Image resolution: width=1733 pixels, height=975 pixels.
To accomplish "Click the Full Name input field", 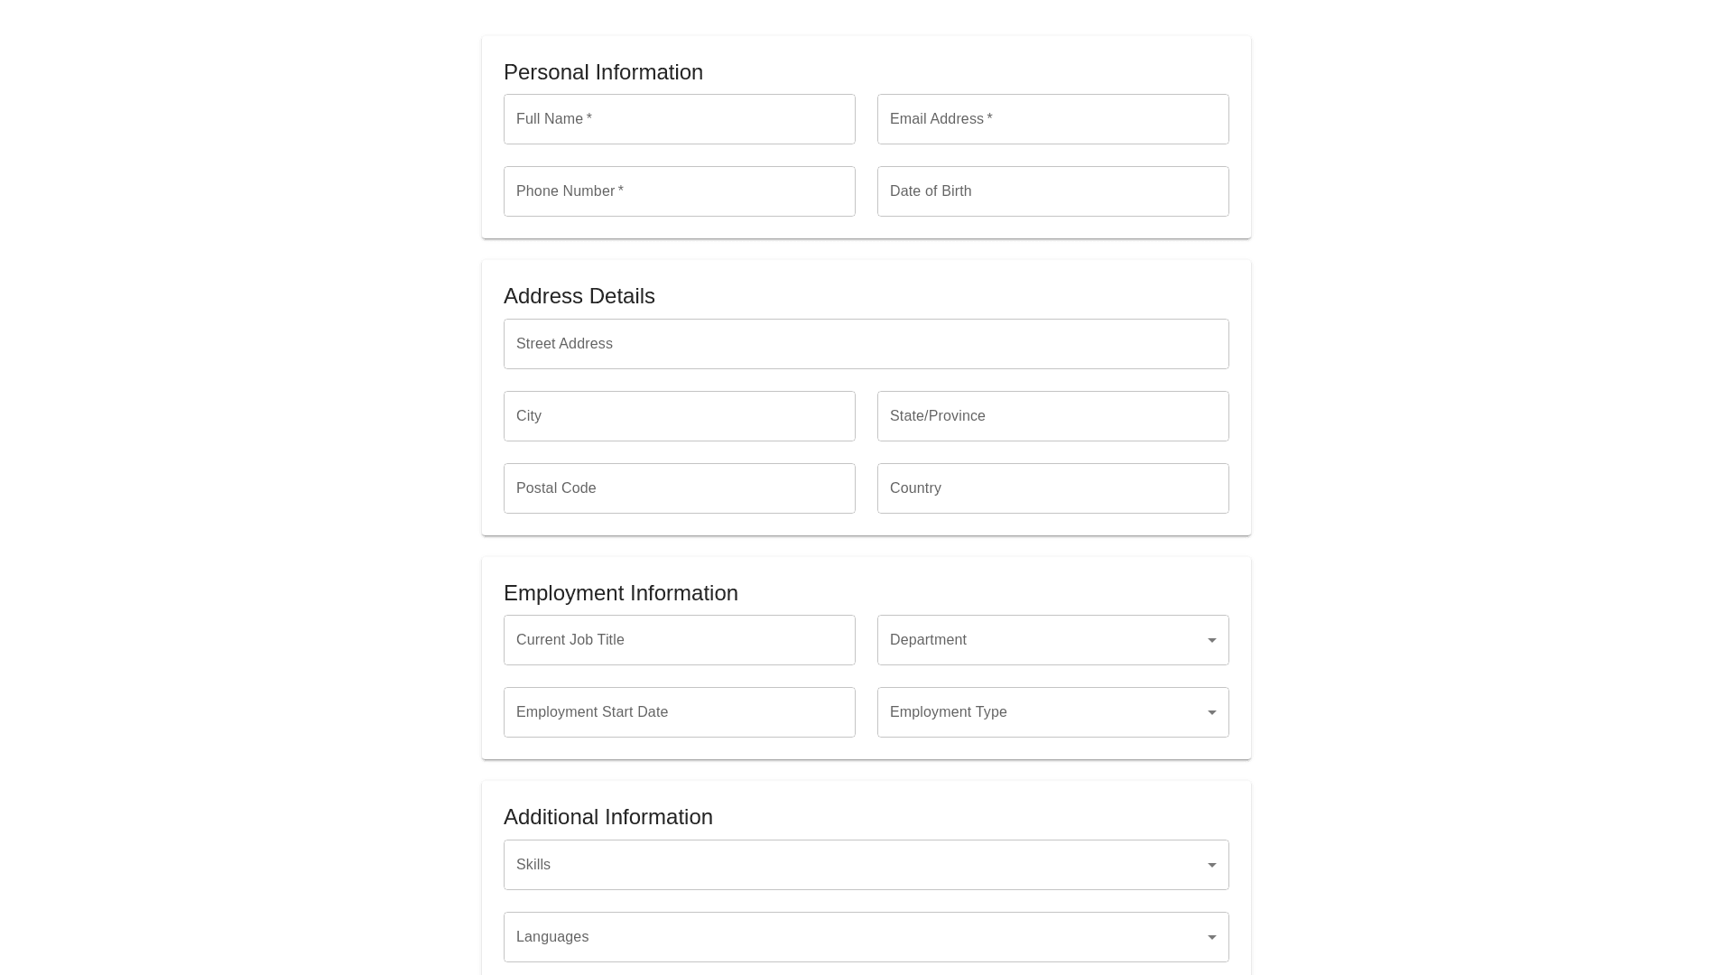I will pyautogui.click(x=679, y=119).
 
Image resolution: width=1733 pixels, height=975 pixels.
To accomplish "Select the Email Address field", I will pyautogui.click(x=1052, y=119).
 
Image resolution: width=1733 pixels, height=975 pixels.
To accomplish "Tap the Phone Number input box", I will pyautogui.click(x=679, y=191).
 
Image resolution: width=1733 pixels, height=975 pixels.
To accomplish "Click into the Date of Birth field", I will pyautogui.click(x=1052, y=191).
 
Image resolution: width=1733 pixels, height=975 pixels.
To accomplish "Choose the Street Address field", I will pyautogui.click(x=866, y=344).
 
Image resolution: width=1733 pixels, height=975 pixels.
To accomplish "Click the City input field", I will pyautogui.click(x=679, y=416).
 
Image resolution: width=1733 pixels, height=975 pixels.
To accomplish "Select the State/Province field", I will pyautogui.click(x=1052, y=416).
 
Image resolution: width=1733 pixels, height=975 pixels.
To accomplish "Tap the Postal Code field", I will pyautogui.click(x=679, y=488).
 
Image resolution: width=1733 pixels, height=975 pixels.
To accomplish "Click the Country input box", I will pyautogui.click(x=1052, y=488).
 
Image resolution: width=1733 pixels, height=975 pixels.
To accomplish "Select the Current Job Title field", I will pyautogui.click(x=679, y=640).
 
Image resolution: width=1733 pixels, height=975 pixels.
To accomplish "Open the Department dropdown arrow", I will pyautogui.click(x=1212, y=641).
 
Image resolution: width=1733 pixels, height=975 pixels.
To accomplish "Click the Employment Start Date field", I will pyautogui.click(x=679, y=712).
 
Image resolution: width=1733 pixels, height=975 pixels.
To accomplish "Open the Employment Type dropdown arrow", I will pyautogui.click(x=1212, y=713).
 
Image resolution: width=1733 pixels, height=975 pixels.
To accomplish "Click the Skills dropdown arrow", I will pyautogui.click(x=1212, y=866).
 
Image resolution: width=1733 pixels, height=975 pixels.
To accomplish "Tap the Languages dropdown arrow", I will pyautogui.click(x=1212, y=938).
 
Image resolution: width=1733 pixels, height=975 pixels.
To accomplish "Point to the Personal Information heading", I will pyautogui.click(x=603, y=72).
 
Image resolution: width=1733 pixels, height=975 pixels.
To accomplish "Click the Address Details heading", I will pyautogui.click(x=579, y=296).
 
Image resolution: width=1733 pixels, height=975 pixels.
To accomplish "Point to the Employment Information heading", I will pyautogui.click(x=620, y=593).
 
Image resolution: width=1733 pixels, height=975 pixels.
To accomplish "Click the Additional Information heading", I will pyautogui.click(x=607, y=817).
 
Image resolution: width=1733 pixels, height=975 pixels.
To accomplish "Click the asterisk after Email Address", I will pyautogui.click(x=989, y=117).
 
